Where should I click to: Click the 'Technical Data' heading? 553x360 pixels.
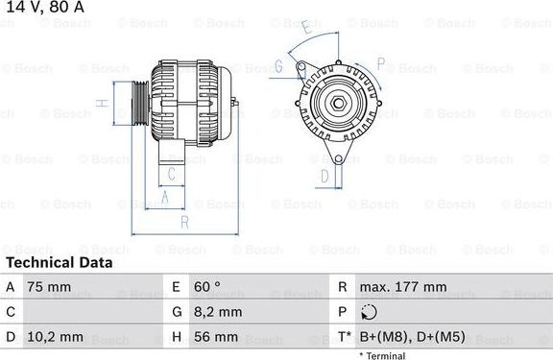pos(59,262)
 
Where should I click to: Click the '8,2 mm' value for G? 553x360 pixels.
pos(216,312)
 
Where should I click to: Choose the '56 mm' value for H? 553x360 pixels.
pos(214,337)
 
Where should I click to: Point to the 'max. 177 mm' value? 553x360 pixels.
pos(402,287)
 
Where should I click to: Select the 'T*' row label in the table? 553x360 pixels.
pos(343,337)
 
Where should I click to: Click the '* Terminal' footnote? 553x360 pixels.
pos(382,355)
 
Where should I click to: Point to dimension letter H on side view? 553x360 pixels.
pos(100,103)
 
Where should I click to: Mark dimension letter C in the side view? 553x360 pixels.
pos(171,174)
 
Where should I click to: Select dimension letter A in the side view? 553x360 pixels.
pos(164,197)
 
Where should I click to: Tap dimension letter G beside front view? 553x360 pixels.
pos(277,66)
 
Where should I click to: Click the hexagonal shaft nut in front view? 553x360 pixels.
pos(339,103)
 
